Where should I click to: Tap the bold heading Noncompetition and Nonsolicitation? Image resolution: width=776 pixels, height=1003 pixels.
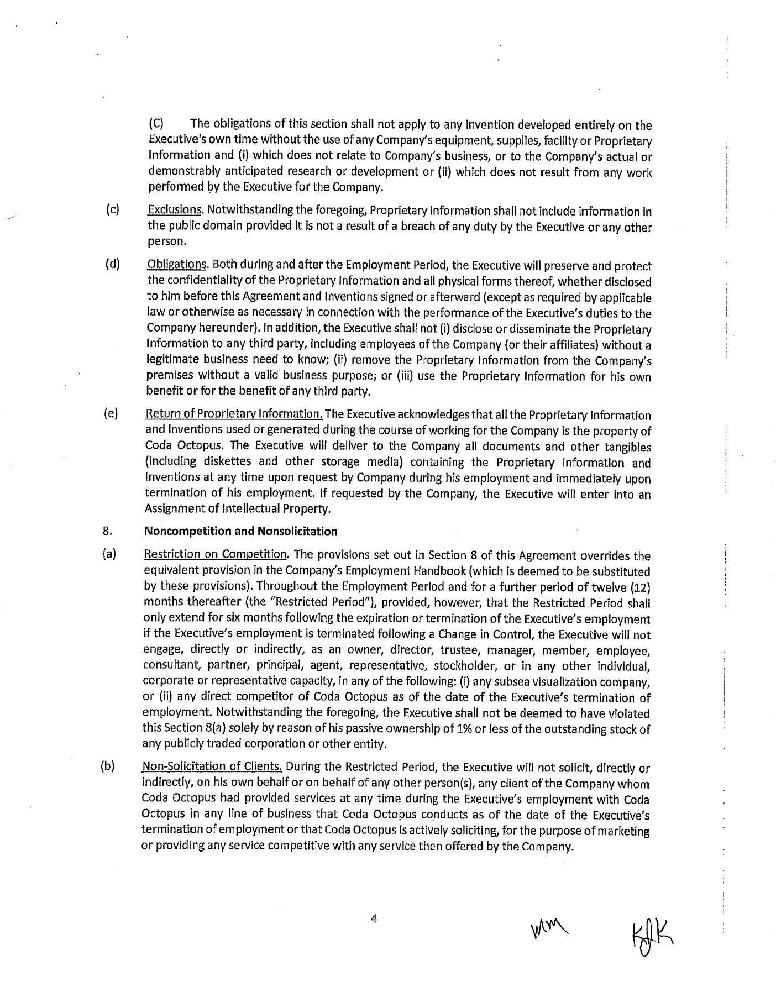pos(240,532)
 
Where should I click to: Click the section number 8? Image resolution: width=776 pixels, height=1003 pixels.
pos(108,532)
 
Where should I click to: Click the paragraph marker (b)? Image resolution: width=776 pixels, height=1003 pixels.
pos(108,766)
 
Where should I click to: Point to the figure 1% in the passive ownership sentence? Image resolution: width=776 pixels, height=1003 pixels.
pos(465,729)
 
